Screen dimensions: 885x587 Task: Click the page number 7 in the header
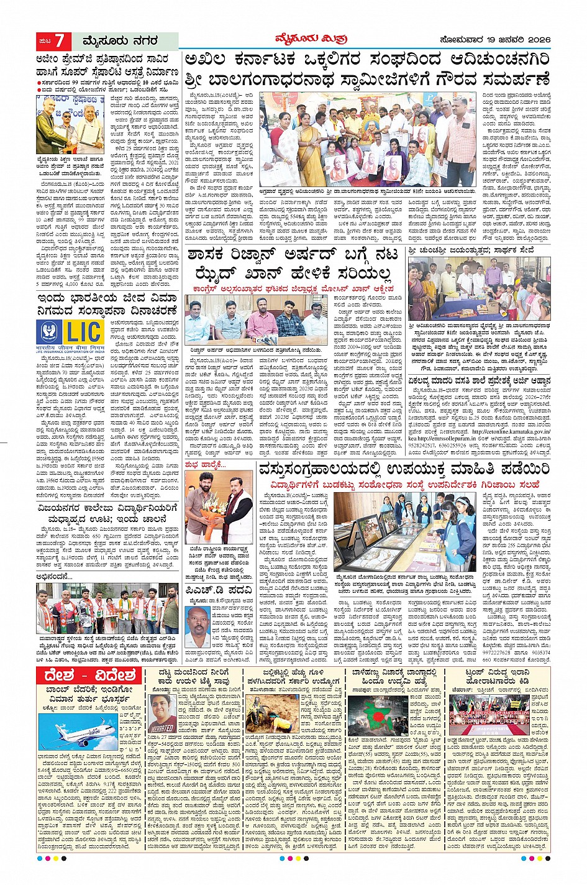tap(60, 41)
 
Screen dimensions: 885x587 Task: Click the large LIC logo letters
tap(83, 333)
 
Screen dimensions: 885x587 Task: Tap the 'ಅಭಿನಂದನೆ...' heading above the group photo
tap(56, 576)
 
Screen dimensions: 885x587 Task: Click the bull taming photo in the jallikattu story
tap(272, 712)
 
